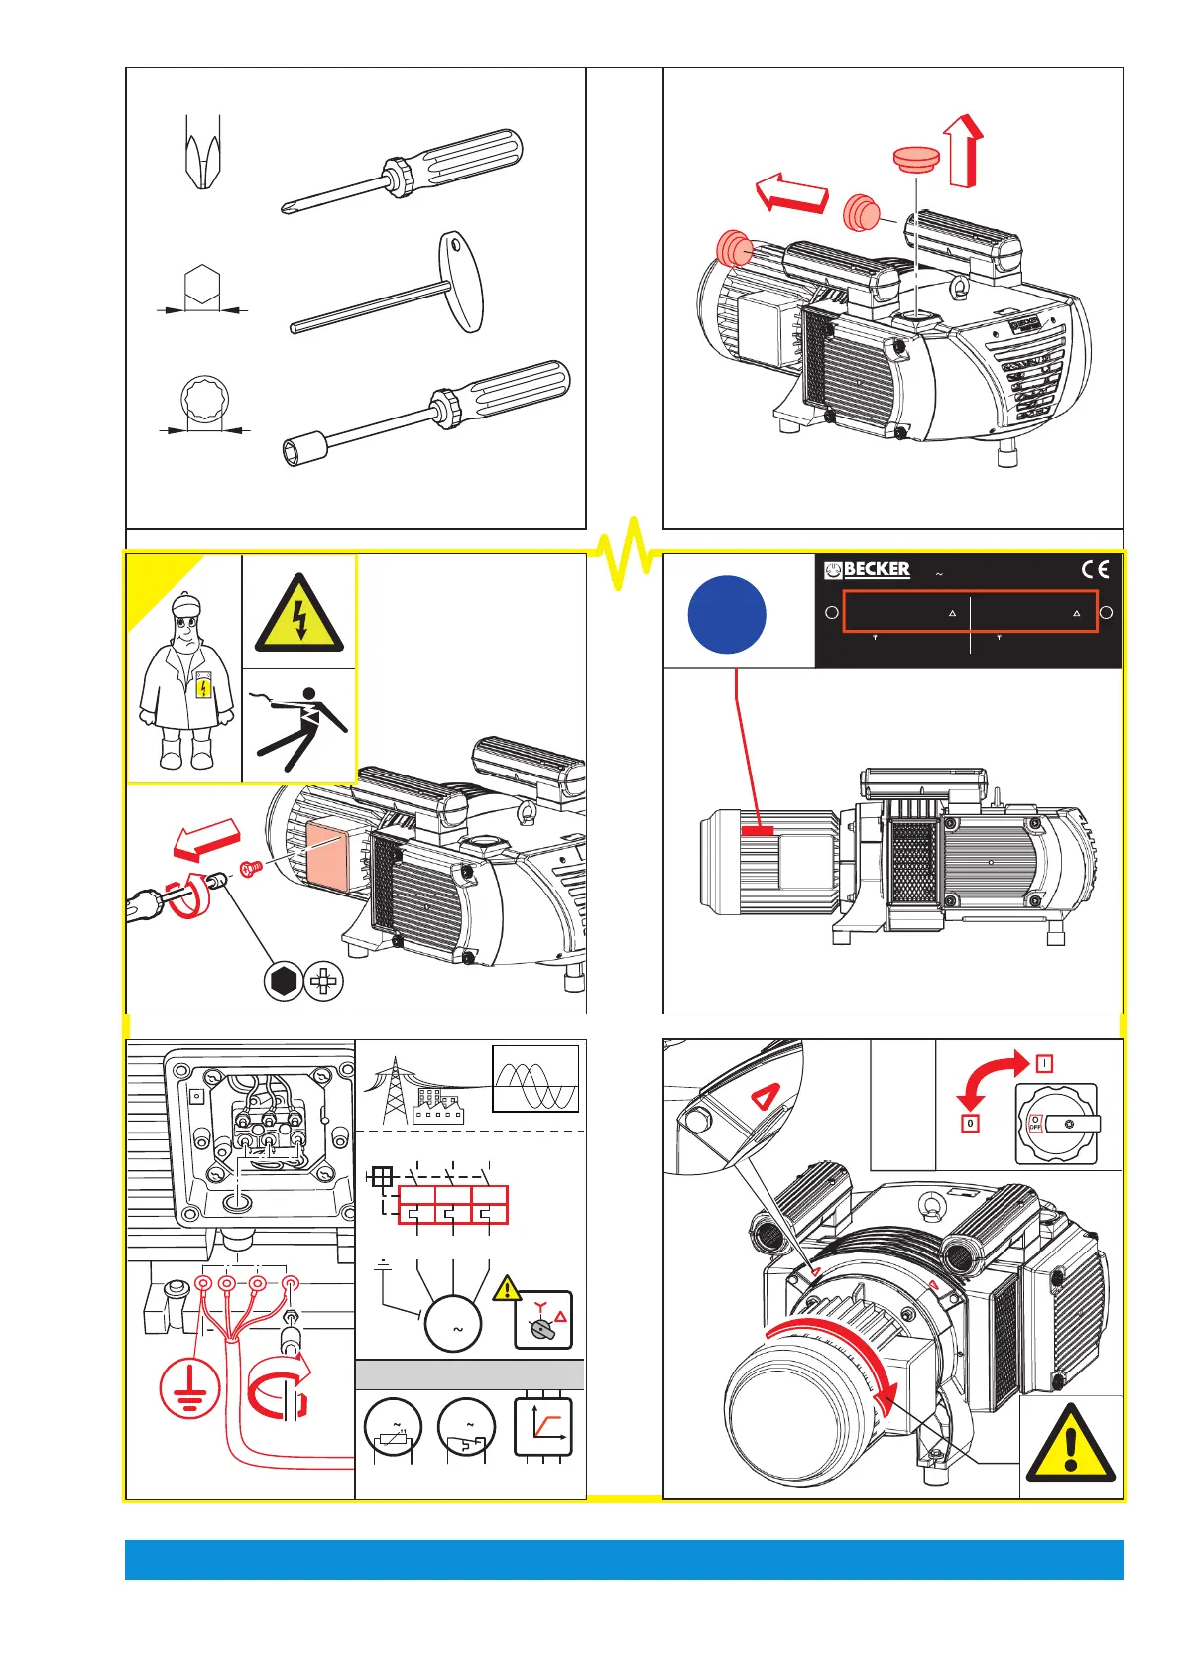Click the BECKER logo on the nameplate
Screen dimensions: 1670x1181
(868, 569)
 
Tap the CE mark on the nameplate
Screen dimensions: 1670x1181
(1095, 569)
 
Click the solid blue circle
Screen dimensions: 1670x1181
(727, 615)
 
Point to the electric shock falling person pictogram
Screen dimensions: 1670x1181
(300, 727)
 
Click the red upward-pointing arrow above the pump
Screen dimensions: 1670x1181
(965, 151)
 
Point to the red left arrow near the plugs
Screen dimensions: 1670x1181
(791, 192)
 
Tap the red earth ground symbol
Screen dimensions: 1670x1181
(189, 1387)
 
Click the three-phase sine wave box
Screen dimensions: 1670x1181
(535, 1079)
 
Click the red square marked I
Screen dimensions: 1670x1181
(1044, 1063)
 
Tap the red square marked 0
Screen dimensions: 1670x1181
(970, 1124)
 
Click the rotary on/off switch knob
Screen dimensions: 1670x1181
(1055, 1124)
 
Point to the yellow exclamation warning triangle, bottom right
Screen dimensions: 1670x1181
(1070, 1445)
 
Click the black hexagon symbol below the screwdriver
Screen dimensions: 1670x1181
(283, 982)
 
